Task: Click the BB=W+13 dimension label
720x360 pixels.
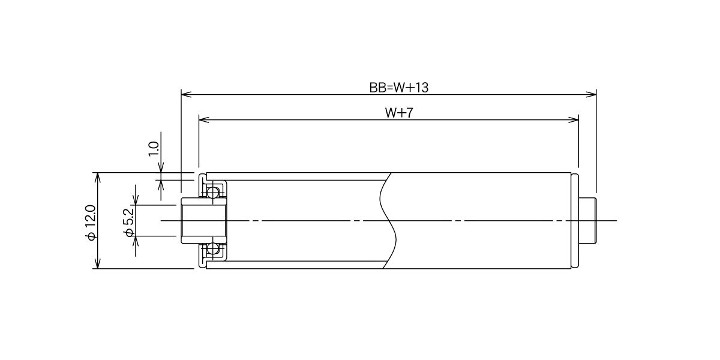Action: (x=398, y=88)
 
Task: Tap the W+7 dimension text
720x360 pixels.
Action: (x=398, y=113)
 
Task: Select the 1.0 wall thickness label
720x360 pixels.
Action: (x=154, y=149)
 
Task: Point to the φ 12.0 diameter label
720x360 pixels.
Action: (x=91, y=222)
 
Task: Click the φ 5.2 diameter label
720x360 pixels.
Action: (x=129, y=223)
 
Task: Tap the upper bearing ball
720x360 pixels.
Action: (x=212, y=193)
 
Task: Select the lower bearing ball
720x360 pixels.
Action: (x=212, y=248)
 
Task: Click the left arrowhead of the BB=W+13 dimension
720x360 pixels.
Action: (x=187, y=95)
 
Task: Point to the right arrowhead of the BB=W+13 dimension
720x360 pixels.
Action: (x=591, y=95)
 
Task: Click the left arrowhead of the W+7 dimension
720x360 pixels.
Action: (x=205, y=120)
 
